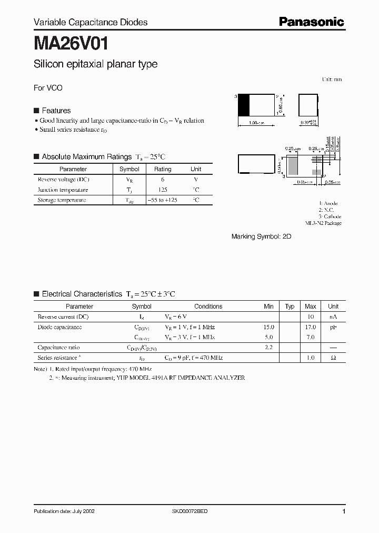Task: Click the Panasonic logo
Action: pyautogui.click(x=311, y=22)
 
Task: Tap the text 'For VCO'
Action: pyautogui.click(x=48, y=88)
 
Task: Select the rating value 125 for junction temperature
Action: pyautogui.click(x=162, y=190)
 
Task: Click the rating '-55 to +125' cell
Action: pyautogui.click(x=162, y=200)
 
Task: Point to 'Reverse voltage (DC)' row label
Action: pyautogui.click(x=63, y=180)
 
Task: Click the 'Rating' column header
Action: pyautogui.click(x=162, y=169)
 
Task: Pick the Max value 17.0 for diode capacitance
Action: pyautogui.click(x=310, y=327)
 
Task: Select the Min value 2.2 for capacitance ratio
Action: pyautogui.click(x=269, y=348)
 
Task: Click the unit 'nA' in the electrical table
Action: pyautogui.click(x=333, y=317)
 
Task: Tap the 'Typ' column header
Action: pyautogui.click(x=290, y=306)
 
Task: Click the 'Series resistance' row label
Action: pyautogui.click(x=59, y=358)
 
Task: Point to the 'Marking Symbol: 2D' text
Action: pyautogui.click(x=261, y=237)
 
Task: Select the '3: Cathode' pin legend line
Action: pyautogui.click(x=330, y=216)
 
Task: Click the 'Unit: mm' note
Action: pyautogui.click(x=332, y=80)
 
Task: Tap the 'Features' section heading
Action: pyautogui.click(x=56, y=111)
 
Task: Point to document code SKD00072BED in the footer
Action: pyautogui.click(x=191, y=511)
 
